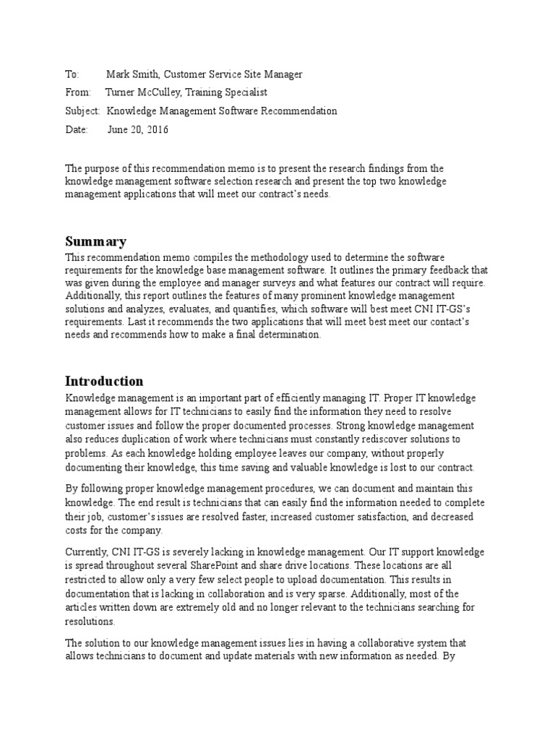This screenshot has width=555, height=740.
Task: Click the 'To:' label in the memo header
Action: [x=71, y=74]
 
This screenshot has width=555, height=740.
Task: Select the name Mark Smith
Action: [x=132, y=74]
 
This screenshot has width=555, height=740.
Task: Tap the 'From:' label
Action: [x=77, y=92]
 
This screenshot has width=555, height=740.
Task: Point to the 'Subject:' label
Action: [x=82, y=111]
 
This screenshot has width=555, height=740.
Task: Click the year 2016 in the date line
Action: [x=157, y=129]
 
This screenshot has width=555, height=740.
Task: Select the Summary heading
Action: [x=95, y=241]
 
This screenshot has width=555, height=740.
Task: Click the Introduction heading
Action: [x=104, y=381]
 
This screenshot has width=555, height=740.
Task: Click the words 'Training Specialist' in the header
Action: [x=228, y=92]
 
